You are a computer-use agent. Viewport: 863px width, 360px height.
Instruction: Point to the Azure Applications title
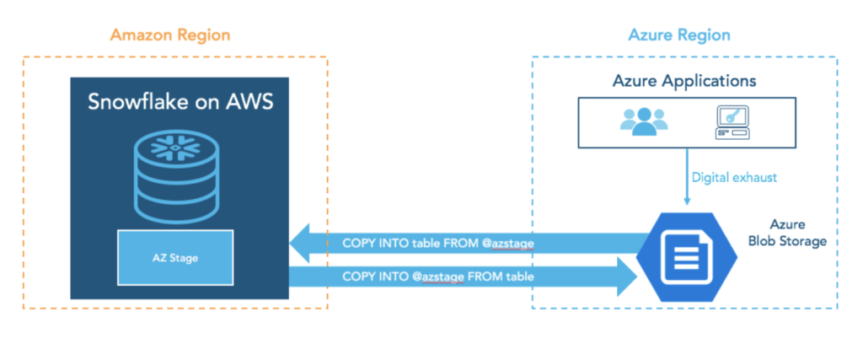(x=683, y=82)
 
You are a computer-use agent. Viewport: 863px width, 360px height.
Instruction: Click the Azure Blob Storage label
(x=787, y=234)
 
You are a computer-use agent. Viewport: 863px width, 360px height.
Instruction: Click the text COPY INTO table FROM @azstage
(x=439, y=244)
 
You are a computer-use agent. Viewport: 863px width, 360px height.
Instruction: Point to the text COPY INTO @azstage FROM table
(x=439, y=276)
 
